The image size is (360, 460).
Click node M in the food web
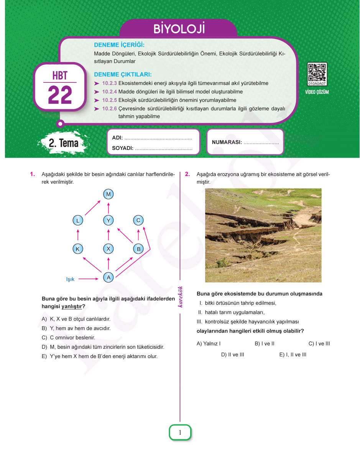point(108,194)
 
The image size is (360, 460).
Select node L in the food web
point(78,220)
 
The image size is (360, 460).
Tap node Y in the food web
point(108,220)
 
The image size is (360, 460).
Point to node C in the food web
point(138,220)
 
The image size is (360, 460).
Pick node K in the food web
point(78,249)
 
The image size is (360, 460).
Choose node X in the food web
point(108,249)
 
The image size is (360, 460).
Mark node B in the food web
point(138,249)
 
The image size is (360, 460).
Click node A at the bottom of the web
point(108,277)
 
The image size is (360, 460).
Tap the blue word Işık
point(70,279)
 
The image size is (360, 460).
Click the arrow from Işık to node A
point(89,279)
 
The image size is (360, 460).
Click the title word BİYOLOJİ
point(179,29)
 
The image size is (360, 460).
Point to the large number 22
point(60,95)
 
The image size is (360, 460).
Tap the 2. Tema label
point(64,143)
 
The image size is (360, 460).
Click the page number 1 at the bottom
point(180,433)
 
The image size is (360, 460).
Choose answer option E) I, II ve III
point(293,355)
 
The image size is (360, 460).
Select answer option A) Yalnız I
point(209,343)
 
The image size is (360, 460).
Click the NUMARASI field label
point(227,142)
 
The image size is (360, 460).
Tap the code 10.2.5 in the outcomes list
point(109,100)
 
